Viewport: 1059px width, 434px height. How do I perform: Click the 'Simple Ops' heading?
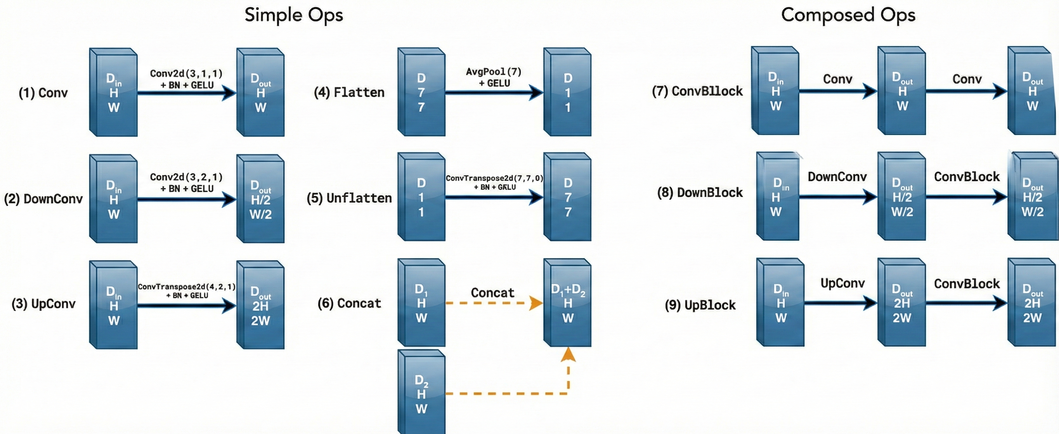[294, 15]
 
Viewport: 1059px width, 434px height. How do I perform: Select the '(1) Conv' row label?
[43, 93]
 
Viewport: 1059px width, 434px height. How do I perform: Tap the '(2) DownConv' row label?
[43, 199]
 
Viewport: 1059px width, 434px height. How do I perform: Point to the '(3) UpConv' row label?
[43, 304]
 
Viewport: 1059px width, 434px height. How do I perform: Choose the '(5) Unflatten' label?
[349, 198]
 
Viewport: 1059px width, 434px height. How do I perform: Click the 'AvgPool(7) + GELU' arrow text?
[494, 77]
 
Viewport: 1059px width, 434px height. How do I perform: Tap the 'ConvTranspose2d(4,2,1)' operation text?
[186, 286]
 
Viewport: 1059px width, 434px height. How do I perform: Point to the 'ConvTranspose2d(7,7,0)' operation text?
[494, 178]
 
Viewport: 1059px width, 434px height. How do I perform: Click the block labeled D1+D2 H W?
[568, 303]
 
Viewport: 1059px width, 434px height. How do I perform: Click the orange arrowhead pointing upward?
[568, 355]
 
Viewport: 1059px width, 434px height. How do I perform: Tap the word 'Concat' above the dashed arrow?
[492, 293]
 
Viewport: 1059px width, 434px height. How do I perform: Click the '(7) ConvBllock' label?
[697, 91]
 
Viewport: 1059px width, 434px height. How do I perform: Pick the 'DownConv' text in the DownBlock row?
[837, 177]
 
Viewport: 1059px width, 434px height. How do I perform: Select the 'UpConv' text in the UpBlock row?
[842, 283]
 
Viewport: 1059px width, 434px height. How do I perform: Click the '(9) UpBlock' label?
[700, 305]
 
